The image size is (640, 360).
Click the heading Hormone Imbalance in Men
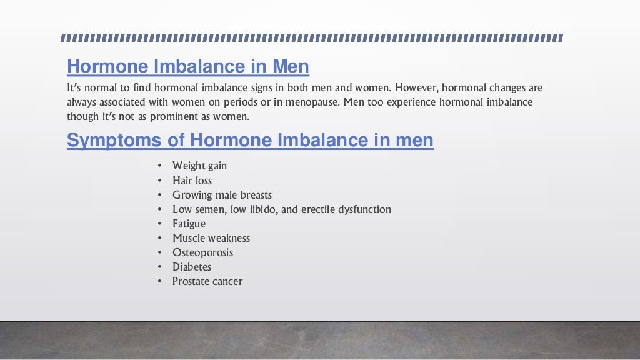187,66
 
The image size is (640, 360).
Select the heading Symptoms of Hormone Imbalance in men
250,140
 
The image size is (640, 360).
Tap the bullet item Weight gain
199,166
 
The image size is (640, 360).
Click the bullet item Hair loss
192,181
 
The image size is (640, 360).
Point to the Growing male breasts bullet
222,195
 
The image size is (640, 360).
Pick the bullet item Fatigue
189,224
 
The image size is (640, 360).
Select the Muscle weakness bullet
211,238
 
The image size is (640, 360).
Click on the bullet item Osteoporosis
202,252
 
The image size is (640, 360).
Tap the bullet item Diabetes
192,267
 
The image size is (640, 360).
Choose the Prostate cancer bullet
207,281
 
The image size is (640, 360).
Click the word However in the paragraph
417,87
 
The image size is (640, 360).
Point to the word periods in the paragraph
247,102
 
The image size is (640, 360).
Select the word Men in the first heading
291,66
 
